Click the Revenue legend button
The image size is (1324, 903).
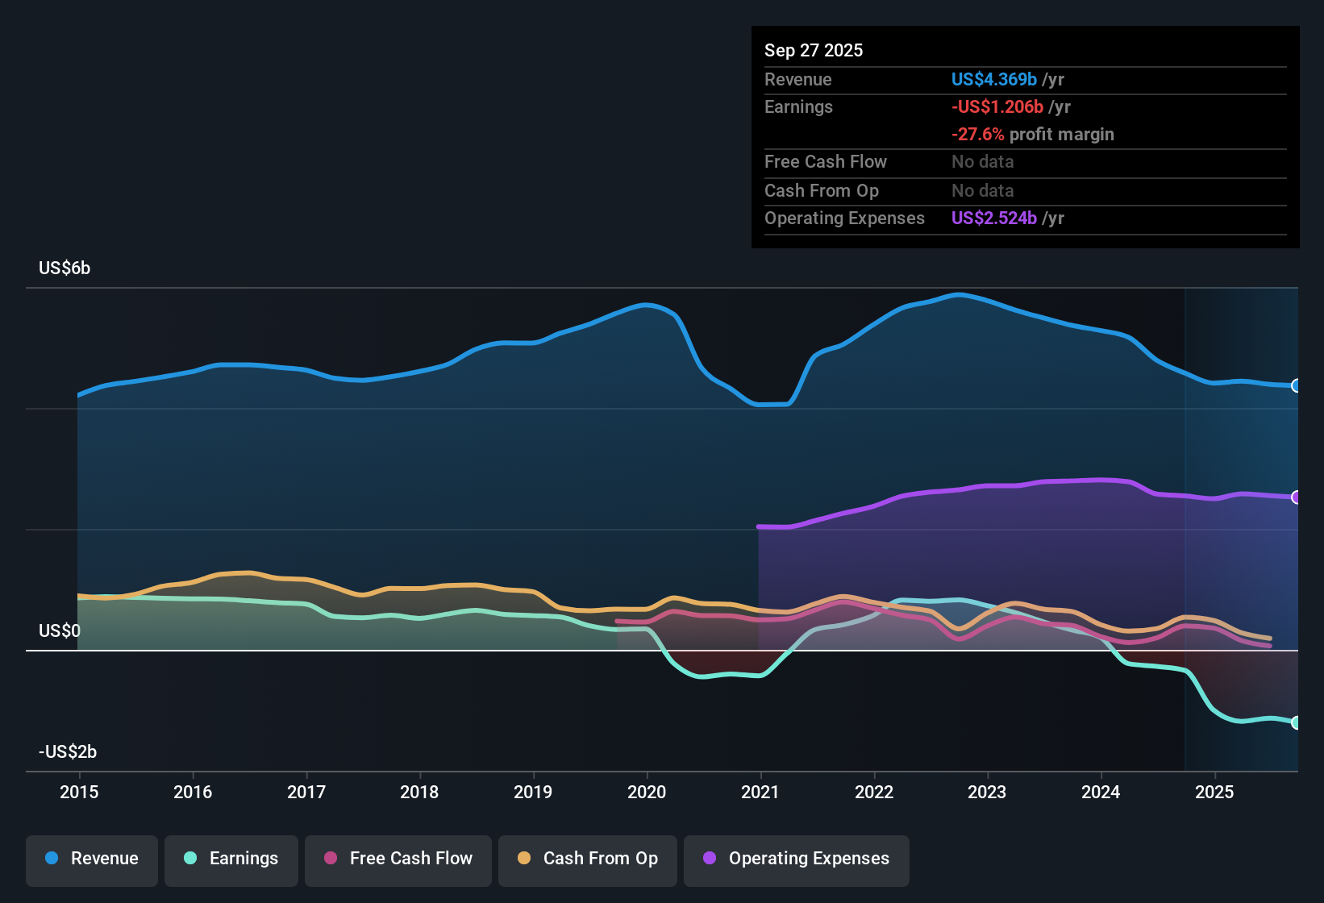(92, 859)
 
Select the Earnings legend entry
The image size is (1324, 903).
(231, 859)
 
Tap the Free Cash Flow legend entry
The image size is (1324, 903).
(398, 859)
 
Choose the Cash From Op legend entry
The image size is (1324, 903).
(588, 859)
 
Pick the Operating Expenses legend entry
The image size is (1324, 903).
(797, 859)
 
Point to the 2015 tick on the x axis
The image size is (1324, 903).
(79, 792)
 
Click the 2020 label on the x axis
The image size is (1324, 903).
(647, 792)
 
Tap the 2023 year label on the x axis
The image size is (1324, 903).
(987, 792)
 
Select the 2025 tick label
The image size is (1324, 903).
(1214, 792)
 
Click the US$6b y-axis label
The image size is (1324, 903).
(65, 268)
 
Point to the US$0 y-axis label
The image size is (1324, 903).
(60, 630)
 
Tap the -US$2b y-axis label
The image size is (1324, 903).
(68, 752)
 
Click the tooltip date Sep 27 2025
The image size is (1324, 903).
(814, 51)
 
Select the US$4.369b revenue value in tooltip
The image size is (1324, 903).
(993, 80)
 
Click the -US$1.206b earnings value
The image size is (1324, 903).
(997, 107)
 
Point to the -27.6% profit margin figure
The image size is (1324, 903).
(977, 135)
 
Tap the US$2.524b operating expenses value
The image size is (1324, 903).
(993, 218)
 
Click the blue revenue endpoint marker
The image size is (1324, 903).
(1296, 385)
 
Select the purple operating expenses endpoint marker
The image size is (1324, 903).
(1296, 497)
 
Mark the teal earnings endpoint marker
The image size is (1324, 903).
(1296, 722)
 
